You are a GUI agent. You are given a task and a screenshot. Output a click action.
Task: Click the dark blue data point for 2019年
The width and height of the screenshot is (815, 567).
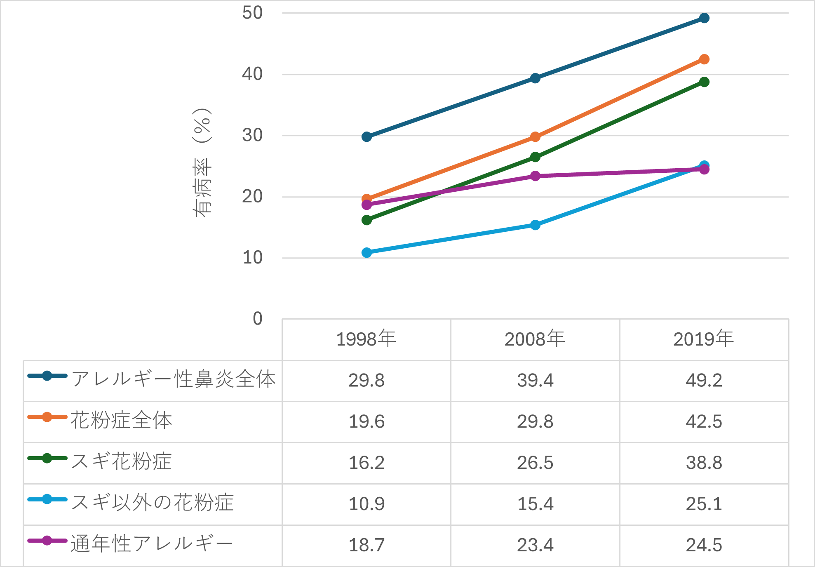(x=704, y=18)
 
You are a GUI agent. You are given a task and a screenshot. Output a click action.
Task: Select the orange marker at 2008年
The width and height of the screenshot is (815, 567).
(x=535, y=136)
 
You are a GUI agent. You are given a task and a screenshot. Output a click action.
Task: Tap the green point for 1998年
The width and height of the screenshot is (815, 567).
(x=366, y=220)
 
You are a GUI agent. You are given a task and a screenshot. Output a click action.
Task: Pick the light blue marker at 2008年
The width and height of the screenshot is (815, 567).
(x=535, y=225)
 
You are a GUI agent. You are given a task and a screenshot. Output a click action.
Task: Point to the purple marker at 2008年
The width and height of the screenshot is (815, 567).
(x=535, y=176)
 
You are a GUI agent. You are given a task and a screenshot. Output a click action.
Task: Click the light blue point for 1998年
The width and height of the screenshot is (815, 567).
(x=366, y=252)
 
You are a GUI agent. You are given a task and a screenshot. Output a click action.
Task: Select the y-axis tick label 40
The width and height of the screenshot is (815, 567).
(x=252, y=74)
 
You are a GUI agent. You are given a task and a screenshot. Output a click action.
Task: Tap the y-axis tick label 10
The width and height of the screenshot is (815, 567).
(x=252, y=258)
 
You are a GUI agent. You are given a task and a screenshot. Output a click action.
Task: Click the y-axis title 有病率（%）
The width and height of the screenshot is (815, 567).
(x=202, y=163)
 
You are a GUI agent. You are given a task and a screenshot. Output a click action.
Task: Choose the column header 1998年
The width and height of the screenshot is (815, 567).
(x=366, y=339)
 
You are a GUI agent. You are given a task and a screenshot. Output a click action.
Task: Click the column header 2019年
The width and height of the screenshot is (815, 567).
(x=704, y=339)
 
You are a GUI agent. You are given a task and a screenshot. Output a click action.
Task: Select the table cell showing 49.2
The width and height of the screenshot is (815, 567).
(x=704, y=380)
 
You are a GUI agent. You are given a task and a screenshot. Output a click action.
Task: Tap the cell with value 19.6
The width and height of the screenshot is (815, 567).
(x=366, y=421)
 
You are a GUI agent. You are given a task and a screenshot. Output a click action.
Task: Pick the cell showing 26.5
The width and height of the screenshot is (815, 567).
(x=535, y=463)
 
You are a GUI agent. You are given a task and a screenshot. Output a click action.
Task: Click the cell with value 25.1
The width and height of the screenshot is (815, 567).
(x=704, y=504)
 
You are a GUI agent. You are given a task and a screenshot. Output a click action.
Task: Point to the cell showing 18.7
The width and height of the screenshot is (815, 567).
(x=366, y=545)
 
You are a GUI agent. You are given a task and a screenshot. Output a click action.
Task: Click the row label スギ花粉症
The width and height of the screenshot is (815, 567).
(x=121, y=461)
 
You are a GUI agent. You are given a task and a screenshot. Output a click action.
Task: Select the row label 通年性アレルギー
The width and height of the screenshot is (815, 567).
(x=152, y=544)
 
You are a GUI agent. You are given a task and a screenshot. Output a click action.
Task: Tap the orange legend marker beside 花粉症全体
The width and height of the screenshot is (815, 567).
(x=47, y=417)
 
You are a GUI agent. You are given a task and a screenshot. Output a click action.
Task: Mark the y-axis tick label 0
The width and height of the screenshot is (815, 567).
(x=257, y=319)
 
